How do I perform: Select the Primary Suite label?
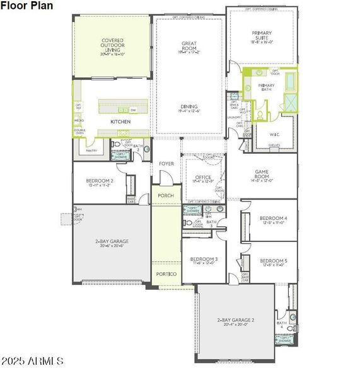(261, 35)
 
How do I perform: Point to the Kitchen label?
(120, 121)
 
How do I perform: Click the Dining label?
(189, 106)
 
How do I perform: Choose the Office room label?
(202, 177)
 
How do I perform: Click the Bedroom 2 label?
(100, 181)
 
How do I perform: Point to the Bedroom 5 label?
(273, 260)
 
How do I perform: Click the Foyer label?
(166, 164)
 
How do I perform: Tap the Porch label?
(166, 195)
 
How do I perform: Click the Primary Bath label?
(266, 87)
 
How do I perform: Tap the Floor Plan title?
(26, 6)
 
